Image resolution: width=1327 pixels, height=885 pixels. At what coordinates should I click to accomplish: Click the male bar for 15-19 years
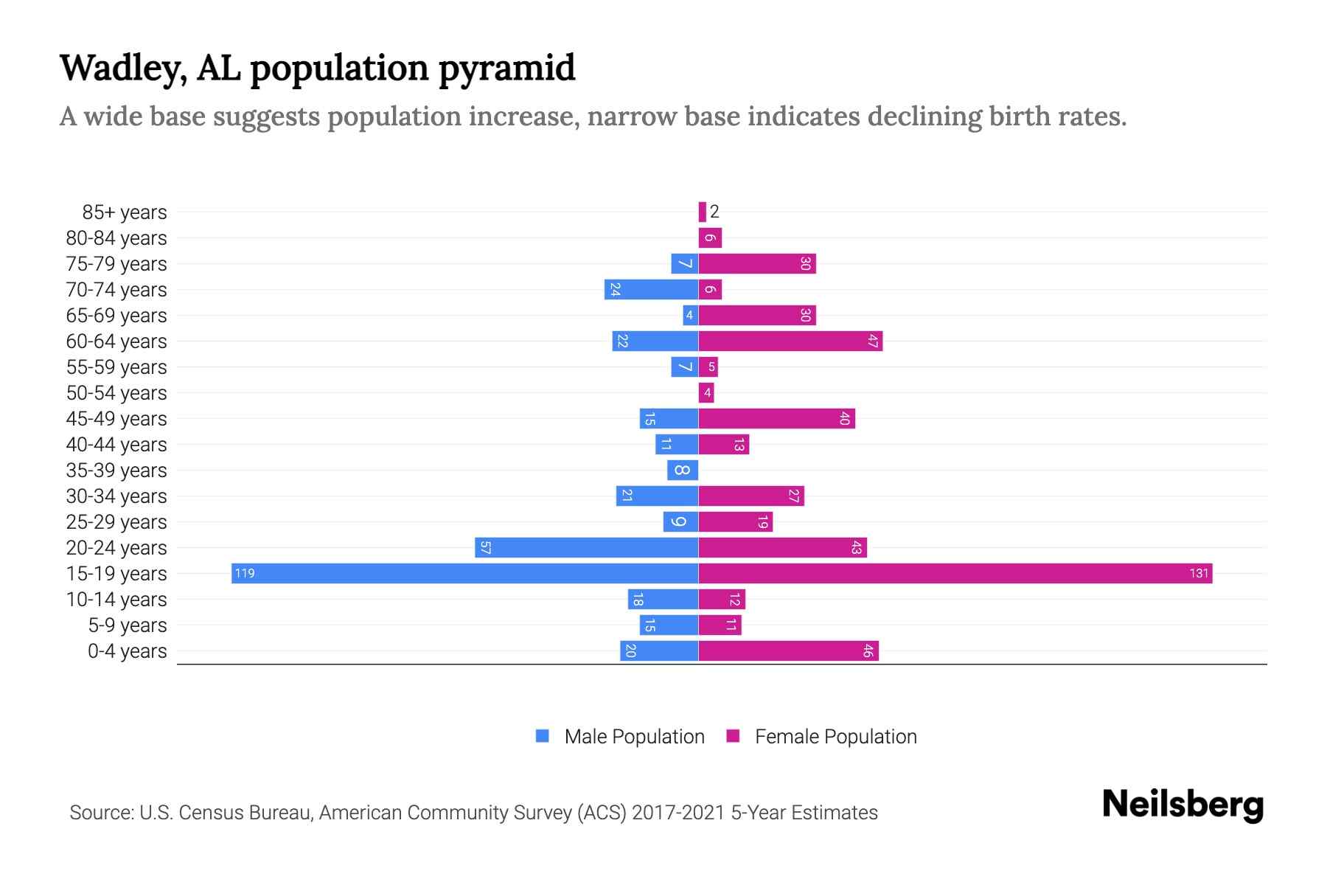click(x=464, y=573)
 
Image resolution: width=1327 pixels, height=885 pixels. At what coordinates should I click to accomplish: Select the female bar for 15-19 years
click(x=955, y=573)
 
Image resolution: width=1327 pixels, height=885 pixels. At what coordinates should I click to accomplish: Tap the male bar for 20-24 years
click(x=586, y=547)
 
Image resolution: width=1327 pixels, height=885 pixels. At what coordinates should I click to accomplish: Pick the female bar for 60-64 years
click(x=790, y=341)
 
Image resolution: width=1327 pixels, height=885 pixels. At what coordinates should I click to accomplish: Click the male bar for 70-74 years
click(x=651, y=289)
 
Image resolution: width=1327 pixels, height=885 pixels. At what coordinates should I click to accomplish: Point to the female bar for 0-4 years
click(x=788, y=650)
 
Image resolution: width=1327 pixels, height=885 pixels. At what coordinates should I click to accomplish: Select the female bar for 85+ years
click(x=703, y=212)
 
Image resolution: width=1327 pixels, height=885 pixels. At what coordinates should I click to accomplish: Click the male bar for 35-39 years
click(x=683, y=470)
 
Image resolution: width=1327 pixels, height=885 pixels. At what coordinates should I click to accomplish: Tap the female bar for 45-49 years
click(x=776, y=418)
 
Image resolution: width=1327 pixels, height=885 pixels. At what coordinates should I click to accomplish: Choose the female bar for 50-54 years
click(x=706, y=392)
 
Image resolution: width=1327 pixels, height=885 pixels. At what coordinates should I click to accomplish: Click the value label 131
click(x=1199, y=573)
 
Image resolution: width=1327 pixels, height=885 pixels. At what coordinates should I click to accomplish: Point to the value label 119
click(x=245, y=573)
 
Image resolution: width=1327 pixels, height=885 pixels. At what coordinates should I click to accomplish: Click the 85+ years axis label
click(x=125, y=212)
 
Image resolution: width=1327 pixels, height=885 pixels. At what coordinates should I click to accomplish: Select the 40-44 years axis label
click(x=116, y=444)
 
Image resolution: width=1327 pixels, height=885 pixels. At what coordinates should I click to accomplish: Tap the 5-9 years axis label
click(x=128, y=625)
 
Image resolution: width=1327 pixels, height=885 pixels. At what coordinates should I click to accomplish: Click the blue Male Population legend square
click(x=543, y=736)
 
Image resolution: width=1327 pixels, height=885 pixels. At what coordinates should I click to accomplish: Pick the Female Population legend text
click(x=835, y=736)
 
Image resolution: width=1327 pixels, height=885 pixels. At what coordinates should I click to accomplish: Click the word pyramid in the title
click(x=506, y=68)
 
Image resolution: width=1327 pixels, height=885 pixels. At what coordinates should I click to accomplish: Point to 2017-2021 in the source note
click(x=678, y=812)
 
